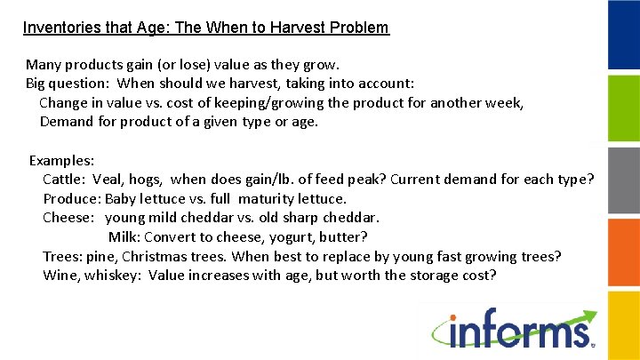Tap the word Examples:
[x=62, y=161]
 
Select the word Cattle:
[x=64, y=180]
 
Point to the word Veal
[x=109, y=180]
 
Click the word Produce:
[x=71, y=199]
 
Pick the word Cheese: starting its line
[x=68, y=218]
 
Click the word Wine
[x=60, y=276]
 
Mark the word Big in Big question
[x=36, y=84]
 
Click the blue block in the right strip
[x=623, y=35]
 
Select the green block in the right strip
[x=623, y=108]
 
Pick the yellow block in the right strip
[x=623, y=179]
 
